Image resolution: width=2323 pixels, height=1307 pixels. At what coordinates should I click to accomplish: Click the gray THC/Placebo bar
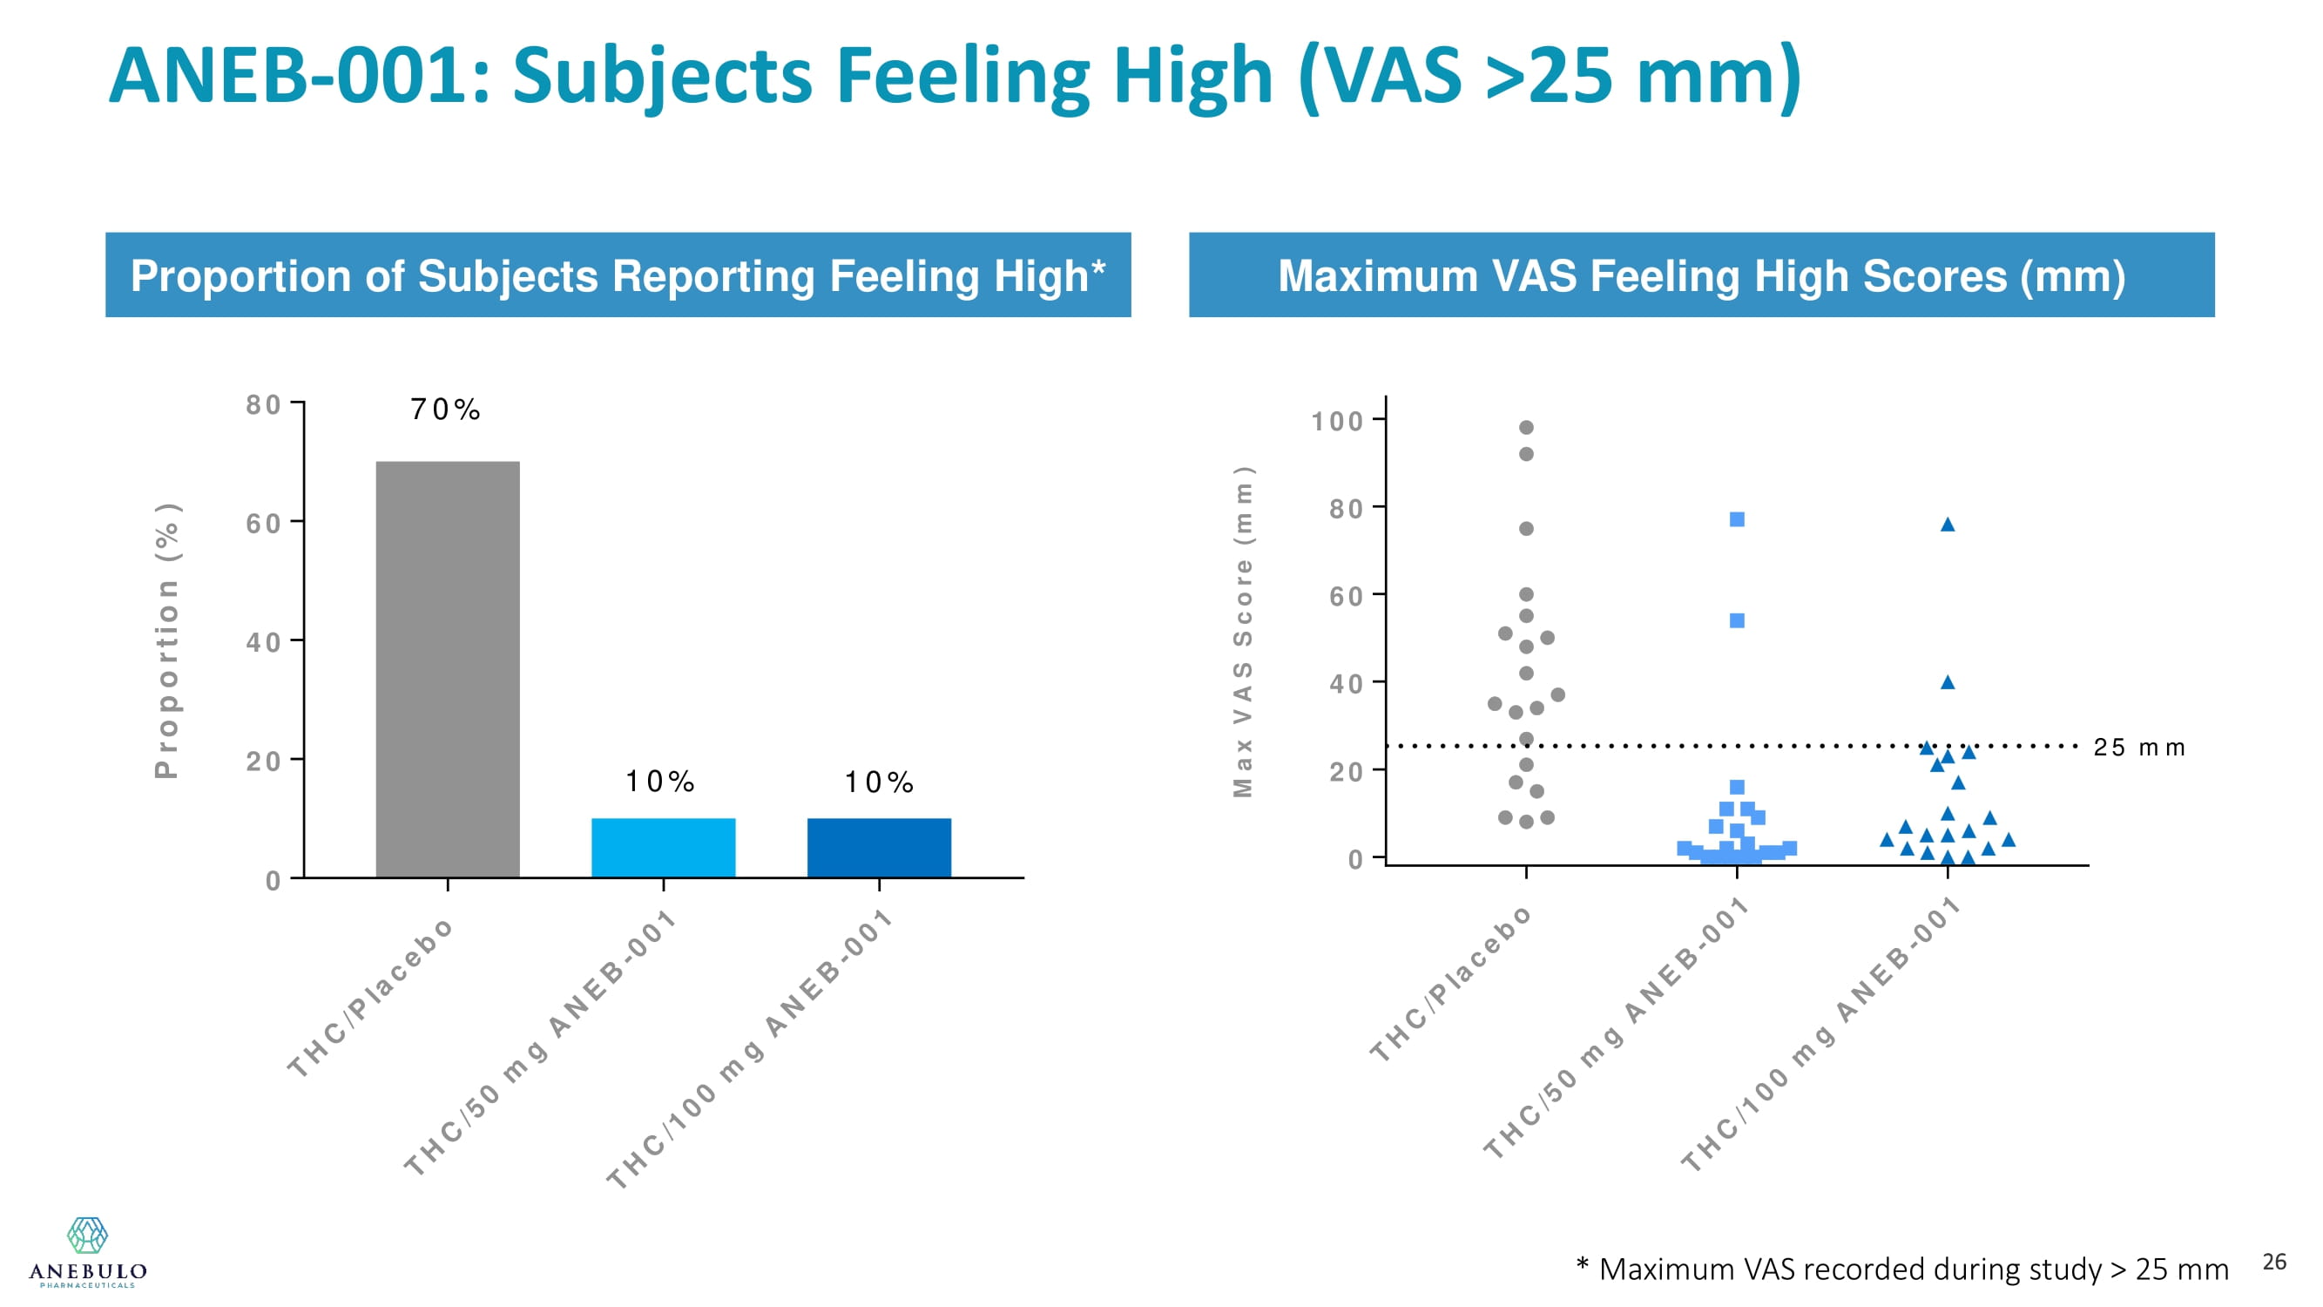point(448,667)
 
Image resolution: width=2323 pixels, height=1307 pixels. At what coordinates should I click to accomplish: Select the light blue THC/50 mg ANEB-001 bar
point(663,847)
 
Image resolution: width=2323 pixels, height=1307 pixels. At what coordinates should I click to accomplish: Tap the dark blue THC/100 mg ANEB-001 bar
point(878,847)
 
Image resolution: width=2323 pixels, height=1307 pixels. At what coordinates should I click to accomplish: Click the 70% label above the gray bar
point(444,410)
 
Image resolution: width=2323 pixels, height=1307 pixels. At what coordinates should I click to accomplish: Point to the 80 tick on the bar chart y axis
point(263,405)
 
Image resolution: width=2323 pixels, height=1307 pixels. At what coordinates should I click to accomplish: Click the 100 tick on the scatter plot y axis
point(1336,421)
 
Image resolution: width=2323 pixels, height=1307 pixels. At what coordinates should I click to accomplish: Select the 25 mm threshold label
point(2139,748)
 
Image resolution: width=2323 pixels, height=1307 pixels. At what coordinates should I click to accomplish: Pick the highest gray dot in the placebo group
point(1526,428)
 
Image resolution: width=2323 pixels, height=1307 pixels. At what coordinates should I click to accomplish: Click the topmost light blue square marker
point(1737,519)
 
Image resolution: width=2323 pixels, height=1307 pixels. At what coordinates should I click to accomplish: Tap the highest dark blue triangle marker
point(1948,525)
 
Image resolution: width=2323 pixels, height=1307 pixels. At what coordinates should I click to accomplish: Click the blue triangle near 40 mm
point(1948,683)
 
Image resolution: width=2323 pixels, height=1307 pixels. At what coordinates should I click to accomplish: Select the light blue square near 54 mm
point(1737,620)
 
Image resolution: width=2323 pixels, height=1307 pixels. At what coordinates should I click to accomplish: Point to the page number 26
point(2274,1261)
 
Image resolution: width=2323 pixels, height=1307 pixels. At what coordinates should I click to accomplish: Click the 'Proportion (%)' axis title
point(168,640)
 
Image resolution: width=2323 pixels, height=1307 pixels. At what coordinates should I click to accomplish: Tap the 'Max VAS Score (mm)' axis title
point(1243,632)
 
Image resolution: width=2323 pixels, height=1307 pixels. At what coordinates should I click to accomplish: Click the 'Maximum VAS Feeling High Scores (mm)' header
point(1701,275)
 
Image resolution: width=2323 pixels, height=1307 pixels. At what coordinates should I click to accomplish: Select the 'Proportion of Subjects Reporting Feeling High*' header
point(618,275)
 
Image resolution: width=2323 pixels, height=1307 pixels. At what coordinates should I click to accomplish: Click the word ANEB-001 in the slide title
point(298,76)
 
